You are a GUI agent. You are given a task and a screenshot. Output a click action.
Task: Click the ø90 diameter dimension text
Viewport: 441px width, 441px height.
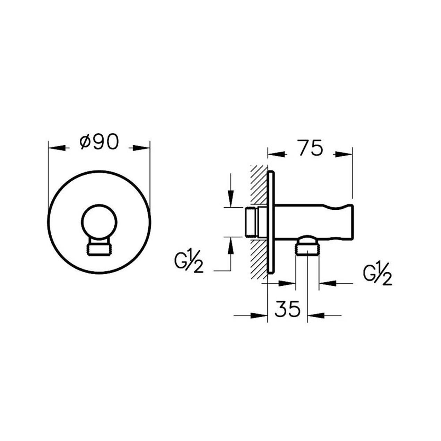(99, 142)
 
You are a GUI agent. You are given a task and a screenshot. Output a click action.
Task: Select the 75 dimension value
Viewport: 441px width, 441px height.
(310, 149)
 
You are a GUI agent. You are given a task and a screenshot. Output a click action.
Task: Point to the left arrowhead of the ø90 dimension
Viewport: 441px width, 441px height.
(57, 148)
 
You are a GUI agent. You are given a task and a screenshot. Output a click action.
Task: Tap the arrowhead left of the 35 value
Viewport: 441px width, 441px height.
(260, 315)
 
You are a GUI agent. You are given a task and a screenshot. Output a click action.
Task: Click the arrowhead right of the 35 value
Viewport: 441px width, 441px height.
(315, 315)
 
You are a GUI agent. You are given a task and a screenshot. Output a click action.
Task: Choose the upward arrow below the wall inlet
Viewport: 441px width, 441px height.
(231, 245)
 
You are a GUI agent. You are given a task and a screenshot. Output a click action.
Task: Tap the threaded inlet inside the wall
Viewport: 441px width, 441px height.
(251, 222)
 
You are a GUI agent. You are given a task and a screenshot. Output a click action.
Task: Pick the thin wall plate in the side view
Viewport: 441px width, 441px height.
(270, 222)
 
